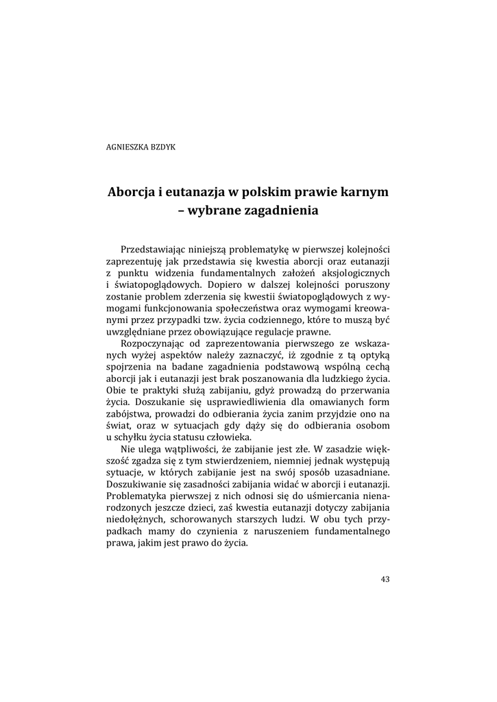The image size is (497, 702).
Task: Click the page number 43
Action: [385, 579]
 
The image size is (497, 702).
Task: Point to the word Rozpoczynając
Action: [152, 343]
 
